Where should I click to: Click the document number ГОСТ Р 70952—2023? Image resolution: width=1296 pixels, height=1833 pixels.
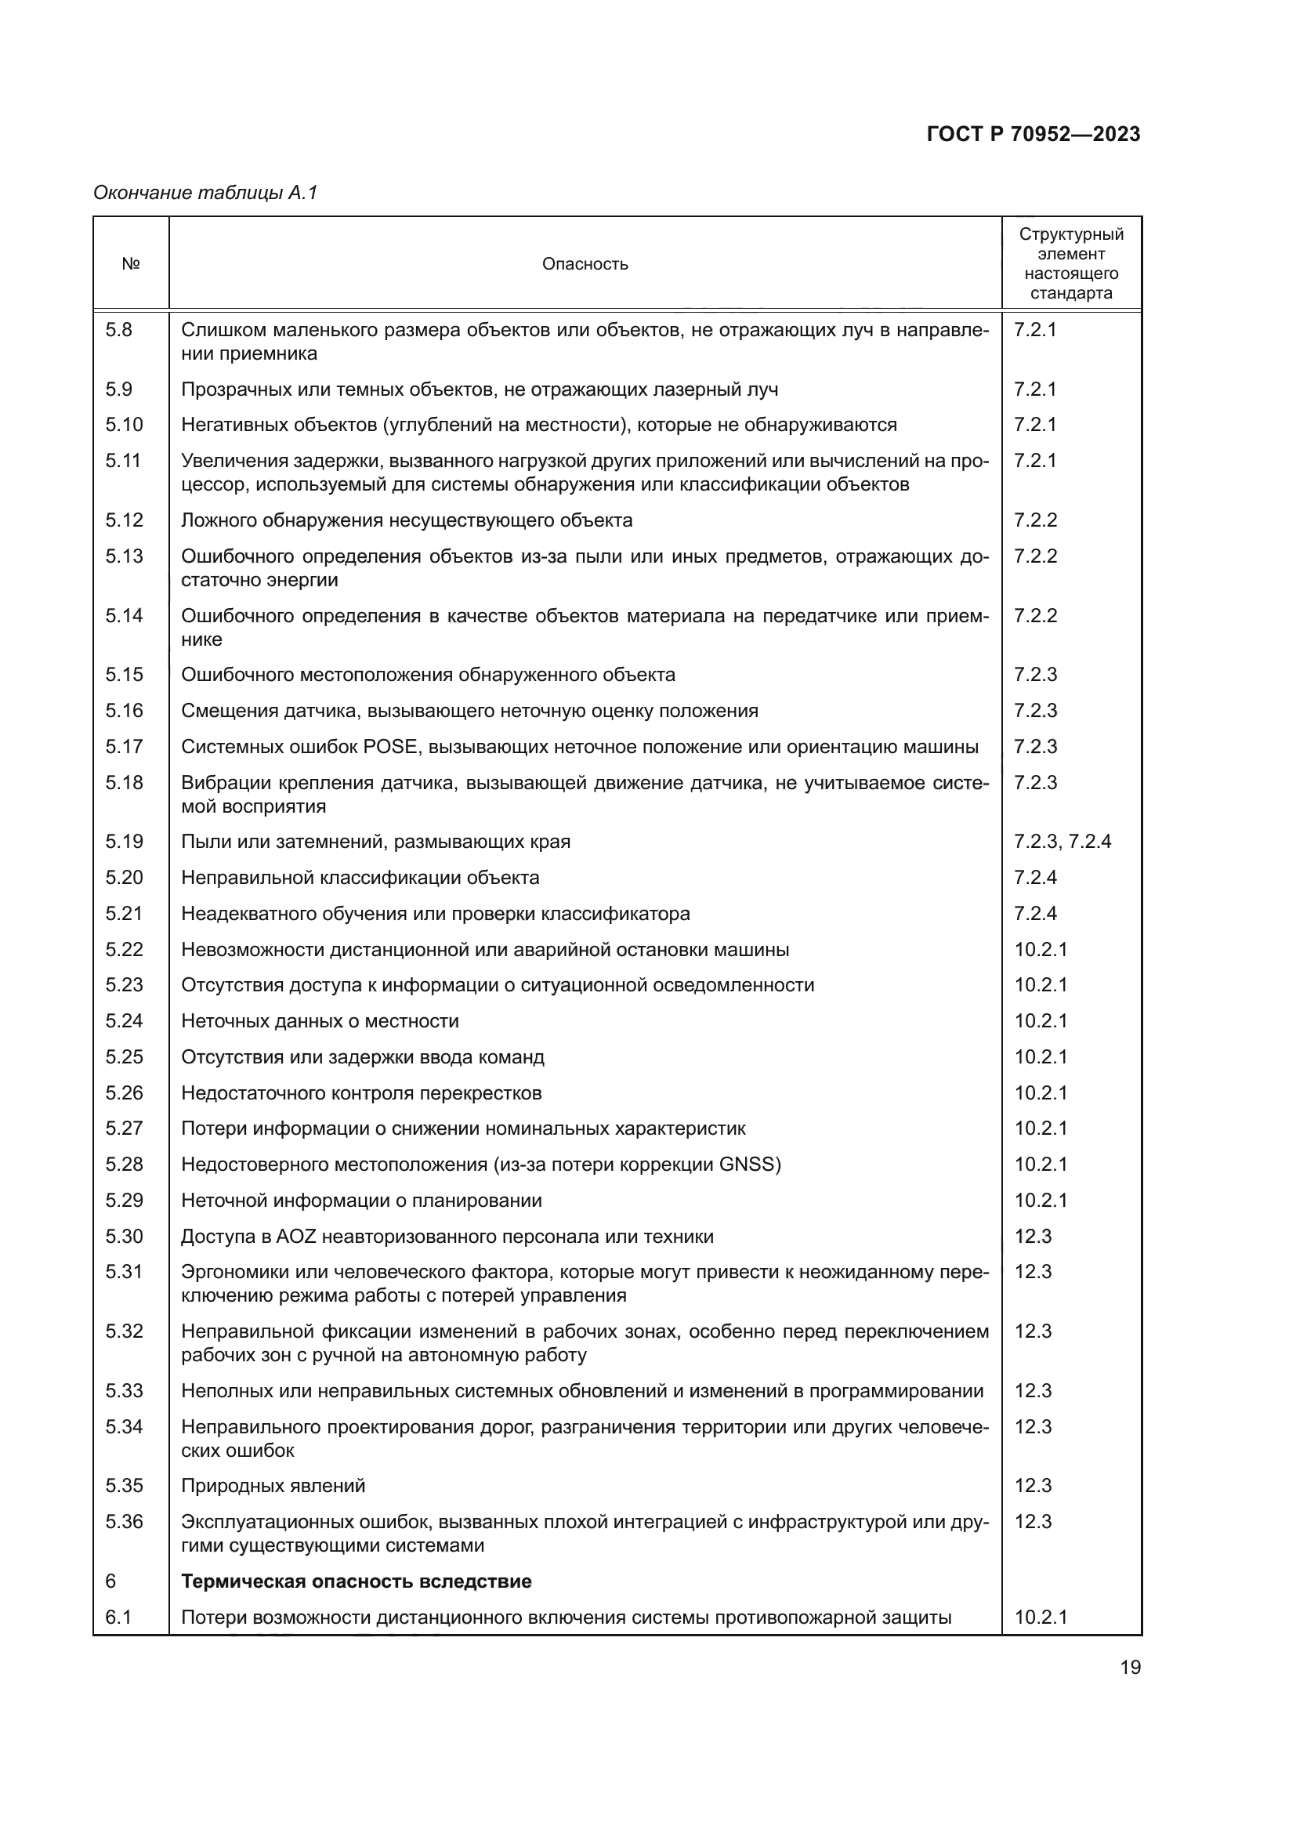tap(1034, 135)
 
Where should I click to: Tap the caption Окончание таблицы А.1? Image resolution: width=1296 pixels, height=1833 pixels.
tap(206, 193)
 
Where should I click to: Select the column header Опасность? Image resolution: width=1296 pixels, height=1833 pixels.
tap(585, 264)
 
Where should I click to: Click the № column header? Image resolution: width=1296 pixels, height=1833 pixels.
tap(131, 264)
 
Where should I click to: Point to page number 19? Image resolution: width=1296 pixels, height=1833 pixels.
tap(1130, 1668)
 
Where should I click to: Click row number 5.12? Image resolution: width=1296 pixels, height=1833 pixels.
tap(124, 520)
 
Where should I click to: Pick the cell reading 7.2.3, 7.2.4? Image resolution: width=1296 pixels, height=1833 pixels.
tap(1063, 842)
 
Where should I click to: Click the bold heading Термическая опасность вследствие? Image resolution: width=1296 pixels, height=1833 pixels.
tap(356, 1581)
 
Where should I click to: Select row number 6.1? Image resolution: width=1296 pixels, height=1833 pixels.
tap(118, 1617)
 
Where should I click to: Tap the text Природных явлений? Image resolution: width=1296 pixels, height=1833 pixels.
tap(273, 1486)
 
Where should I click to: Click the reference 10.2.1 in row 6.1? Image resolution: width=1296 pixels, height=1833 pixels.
tap(1041, 1617)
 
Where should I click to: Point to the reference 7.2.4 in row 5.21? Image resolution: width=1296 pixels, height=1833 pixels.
tap(1035, 913)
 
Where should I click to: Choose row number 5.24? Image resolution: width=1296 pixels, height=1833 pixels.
tap(124, 1021)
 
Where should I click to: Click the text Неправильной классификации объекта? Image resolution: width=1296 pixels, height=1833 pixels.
tap(360, 878)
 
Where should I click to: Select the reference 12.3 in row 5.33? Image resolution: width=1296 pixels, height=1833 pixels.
tap(1034, 1391)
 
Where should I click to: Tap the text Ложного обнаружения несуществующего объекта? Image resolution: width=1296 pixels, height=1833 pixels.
tap(406, 520)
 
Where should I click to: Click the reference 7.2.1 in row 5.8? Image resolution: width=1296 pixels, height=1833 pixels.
tap(1035, 330)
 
